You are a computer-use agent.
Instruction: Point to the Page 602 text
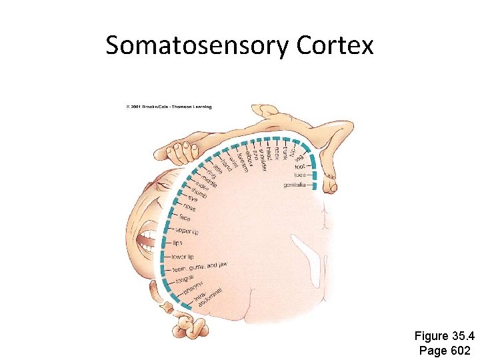click(x=445, y=350)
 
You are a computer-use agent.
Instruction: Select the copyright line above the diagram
click(x=167, y=107)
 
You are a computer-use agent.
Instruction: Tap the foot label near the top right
click(x=300, y=166)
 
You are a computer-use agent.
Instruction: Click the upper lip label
click(x=186, y=231)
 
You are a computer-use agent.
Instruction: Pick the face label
click(x=185, y=217)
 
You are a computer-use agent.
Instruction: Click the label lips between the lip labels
click(x=177, y=243)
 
